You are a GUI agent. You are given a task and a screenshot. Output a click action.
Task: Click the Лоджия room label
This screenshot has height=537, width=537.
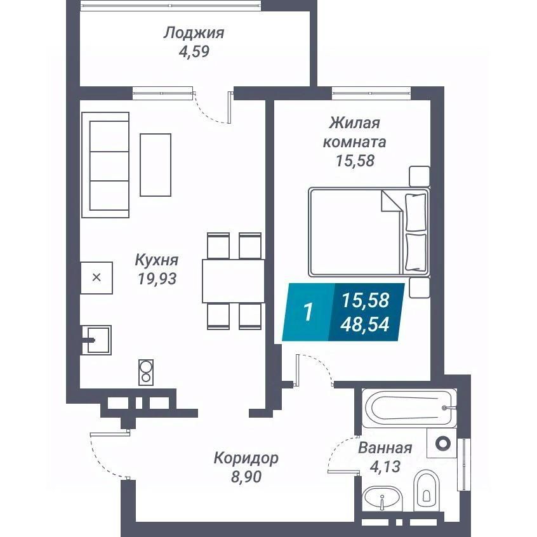point(194,33)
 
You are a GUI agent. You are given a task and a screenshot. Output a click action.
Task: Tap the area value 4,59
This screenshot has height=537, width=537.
point(194,51)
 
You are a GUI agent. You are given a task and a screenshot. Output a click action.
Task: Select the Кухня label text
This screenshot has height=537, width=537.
point(156,260)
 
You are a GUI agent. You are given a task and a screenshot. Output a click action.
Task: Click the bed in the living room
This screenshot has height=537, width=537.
point(368,232)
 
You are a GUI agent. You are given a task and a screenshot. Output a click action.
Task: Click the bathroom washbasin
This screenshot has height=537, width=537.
point(383,499)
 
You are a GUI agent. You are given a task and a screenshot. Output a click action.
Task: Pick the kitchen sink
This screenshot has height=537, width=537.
point(97,340)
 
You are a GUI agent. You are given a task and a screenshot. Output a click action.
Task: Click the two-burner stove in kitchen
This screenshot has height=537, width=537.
point(146,371)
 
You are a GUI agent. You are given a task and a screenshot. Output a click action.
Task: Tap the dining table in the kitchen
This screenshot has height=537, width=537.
point(233,280)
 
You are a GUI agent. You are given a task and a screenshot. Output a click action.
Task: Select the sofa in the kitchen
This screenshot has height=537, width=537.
point(109,162)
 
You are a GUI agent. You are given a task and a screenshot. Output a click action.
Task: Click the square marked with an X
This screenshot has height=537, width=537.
point(96,277)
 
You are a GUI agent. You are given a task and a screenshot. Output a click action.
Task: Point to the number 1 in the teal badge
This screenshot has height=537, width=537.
point(308,312)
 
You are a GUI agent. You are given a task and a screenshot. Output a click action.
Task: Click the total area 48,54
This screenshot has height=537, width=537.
point(366,325)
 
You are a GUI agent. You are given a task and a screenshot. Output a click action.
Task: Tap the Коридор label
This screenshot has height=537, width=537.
point(246,458)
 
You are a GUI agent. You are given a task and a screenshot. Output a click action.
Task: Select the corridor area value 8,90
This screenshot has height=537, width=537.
point(246,475)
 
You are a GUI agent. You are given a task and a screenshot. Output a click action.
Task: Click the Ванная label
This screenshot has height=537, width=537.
point(385,448)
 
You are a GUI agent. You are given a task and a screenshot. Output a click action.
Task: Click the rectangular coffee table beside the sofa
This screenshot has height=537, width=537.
point(156,164)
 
